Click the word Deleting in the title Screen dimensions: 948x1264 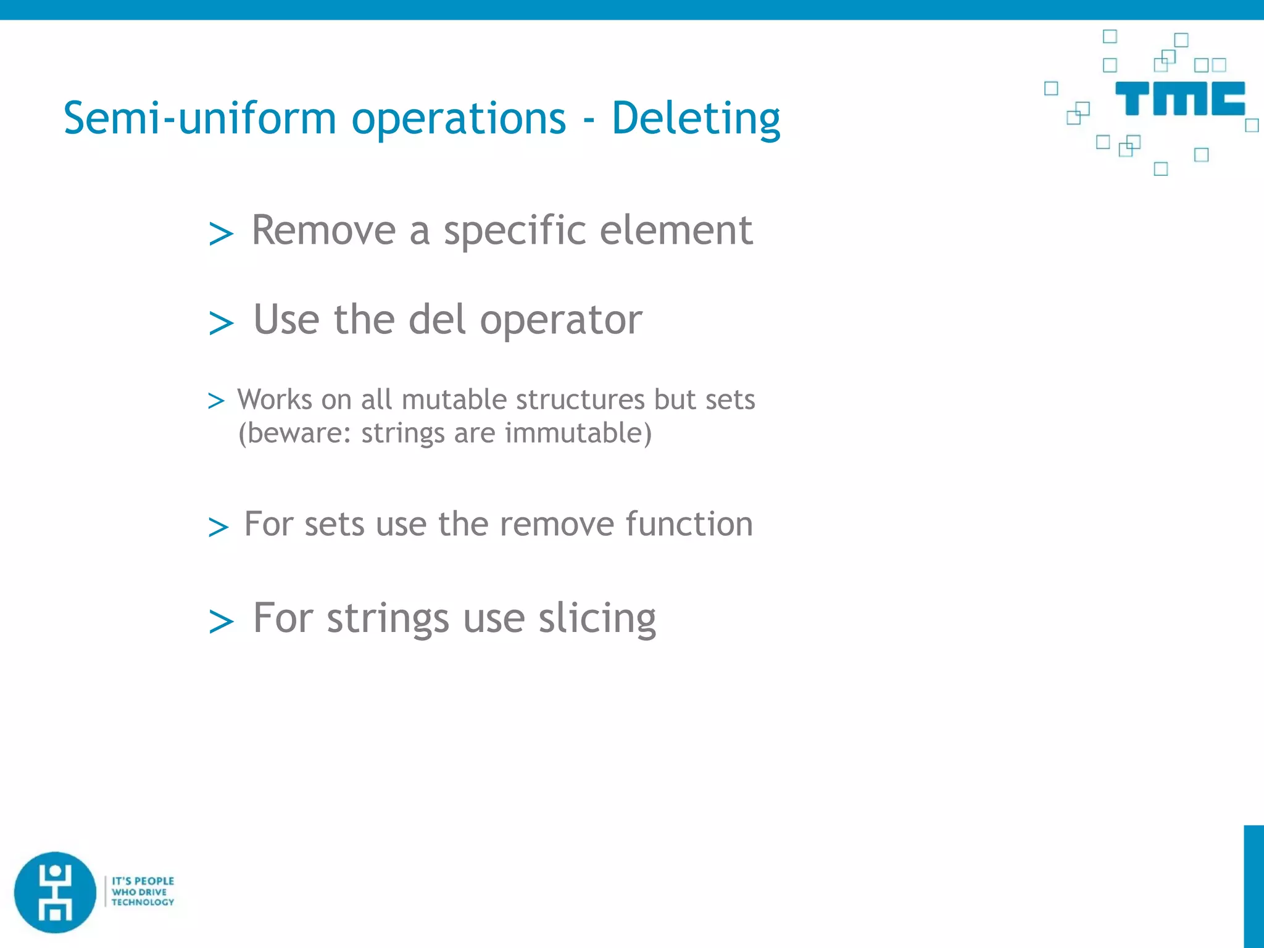(696, 118)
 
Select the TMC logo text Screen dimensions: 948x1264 (1179, 99)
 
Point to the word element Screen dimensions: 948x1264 (676, 231)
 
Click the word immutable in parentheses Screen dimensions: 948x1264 (578, 433)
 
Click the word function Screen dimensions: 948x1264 (689, 525)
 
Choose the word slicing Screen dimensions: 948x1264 (597, 619)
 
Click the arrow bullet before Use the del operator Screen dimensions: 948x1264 (221, 323)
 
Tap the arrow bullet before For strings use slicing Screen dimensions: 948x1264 (221, 621)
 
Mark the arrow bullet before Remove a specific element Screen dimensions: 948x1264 (221, 234)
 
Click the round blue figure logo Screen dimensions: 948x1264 (56, 892)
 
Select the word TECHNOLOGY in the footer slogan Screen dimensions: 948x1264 (143, 902)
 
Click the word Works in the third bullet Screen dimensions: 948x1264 (275, 400)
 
